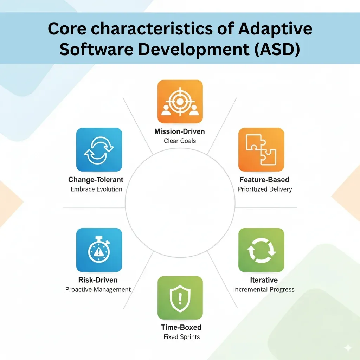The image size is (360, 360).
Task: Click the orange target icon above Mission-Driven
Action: click(180, 102)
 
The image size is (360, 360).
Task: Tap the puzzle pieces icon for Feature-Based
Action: click(261, 150)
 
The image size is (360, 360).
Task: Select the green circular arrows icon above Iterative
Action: click(261, 250)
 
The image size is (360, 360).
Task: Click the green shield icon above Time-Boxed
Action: click(180, 297)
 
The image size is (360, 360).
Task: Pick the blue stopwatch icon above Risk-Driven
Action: click(99, 250)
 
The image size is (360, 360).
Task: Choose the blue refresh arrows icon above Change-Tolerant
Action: click(99, 150)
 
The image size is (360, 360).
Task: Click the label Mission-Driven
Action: click(180, 132)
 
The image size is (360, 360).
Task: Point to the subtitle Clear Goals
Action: click(180, 141)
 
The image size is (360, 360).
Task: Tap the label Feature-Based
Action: click(264, 180)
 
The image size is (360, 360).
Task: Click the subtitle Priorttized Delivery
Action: click(265, 189)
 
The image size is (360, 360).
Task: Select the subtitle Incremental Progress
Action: click(264, 290)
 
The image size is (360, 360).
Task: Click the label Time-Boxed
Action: click(181, 327)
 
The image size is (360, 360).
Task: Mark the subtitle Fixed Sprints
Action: click(181, 337)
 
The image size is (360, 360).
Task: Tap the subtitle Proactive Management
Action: click(98, 290)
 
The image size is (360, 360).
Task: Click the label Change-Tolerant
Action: click(96, 180)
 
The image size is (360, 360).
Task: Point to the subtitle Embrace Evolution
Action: click(96, 189)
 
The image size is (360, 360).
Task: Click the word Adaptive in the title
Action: click(275, 29)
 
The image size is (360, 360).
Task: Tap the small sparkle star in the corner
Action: click(348, 347)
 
